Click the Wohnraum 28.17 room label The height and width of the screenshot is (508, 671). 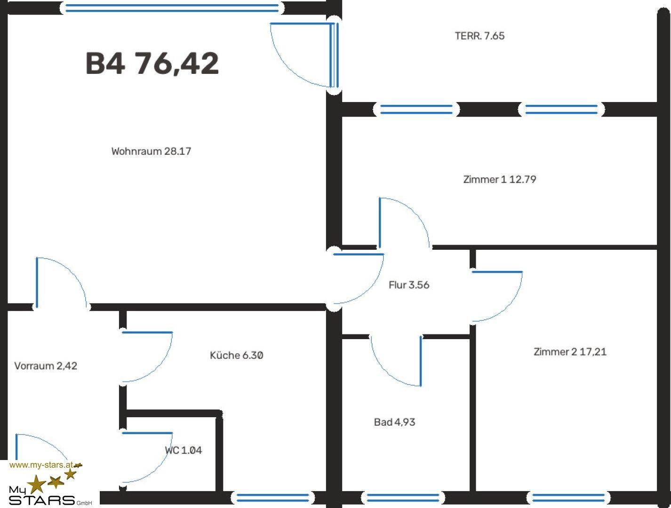click(151, 151)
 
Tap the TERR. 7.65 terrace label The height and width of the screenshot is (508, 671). click(479, 36)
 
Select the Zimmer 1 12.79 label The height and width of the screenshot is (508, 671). click(500, 179)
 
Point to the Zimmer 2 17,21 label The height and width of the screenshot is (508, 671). click(570, 352)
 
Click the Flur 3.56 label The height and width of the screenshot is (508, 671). click(409, 285)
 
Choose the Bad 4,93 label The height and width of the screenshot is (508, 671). click(394, 422)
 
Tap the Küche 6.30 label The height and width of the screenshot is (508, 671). click(236, 355)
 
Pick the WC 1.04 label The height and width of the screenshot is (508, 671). click(183, 450)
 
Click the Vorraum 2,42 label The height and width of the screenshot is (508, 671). click(46, 366)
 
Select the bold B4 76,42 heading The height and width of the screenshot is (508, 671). click(152, 63)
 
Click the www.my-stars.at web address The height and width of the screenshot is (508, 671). click(41, 465)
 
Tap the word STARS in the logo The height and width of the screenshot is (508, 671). click(42, 500)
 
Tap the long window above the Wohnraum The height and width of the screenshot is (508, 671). click(172, 8)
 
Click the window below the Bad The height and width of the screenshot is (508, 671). click(403, 498)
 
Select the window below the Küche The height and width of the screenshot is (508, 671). click(272, 498)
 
